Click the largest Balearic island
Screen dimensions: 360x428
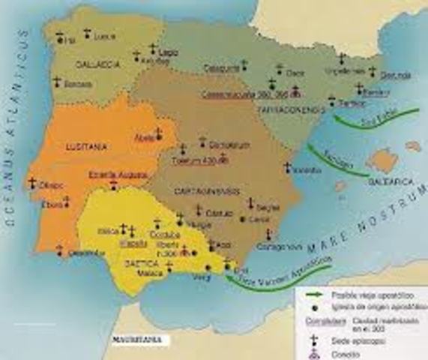(x=383, y=160)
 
